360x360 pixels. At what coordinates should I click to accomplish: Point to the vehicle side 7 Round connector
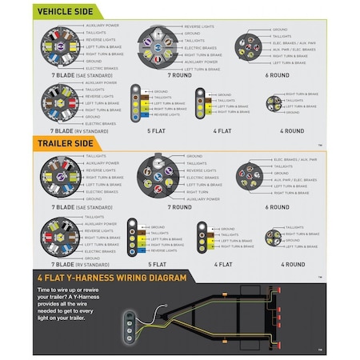click(x=158, y=46)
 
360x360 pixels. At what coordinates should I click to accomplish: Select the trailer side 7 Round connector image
click(x=158, y=178)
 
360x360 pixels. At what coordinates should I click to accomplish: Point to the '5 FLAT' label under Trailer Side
click(x=158, y=264)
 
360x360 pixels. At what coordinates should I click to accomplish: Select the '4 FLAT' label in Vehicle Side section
click(x=226, y=131)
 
